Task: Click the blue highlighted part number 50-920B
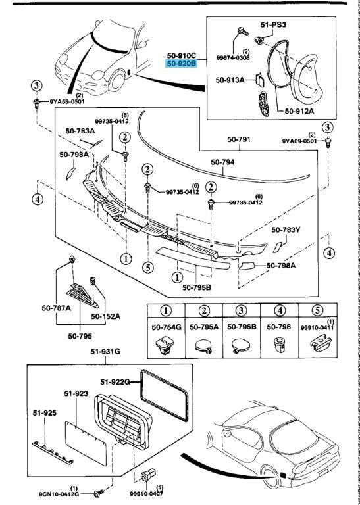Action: coord(182,64)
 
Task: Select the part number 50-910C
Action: coord(182,55)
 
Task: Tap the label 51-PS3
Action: coord(273,24)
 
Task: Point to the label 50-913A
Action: coord(230,80)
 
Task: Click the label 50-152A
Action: coord(105,316)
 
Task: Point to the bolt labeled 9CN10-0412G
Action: coord(100,491)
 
